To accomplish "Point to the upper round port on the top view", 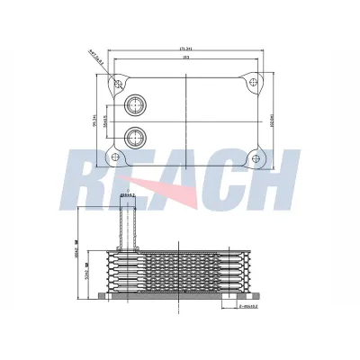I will tap(136, 106).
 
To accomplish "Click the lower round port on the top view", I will tap(136, 138).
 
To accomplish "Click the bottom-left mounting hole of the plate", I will tap(115, 161).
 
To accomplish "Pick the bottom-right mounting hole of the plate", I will tap(256, 161).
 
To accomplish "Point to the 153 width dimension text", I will tap(185, 58).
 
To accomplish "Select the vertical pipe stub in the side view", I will tap(128, 225).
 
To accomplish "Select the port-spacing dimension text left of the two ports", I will tap(107, 122).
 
